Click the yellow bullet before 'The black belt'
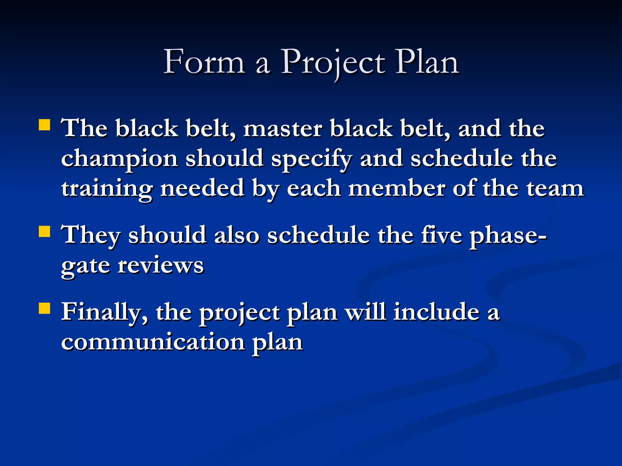tap(45, 125)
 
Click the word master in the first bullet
tap(282, 129)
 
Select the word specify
tap(311, 159)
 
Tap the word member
tap(397, 188)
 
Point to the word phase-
tap(508, 236)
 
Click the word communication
tap(153, 342)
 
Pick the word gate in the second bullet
tap(85, 266)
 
